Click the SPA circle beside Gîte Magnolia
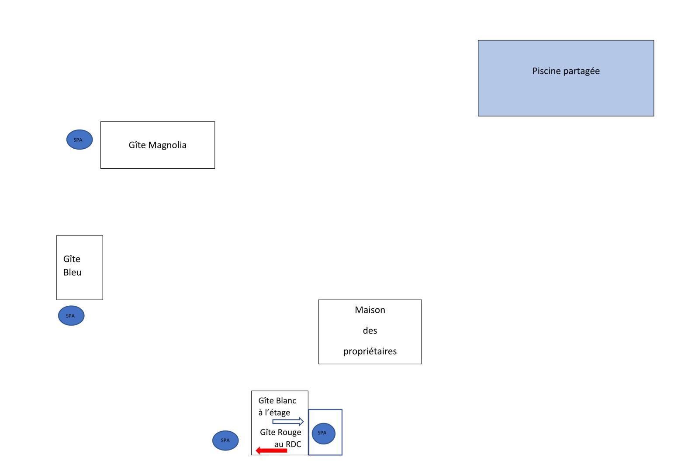click(x=80, y=140)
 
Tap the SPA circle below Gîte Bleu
click(x=71, y=316)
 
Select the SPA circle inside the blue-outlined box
click(x=324, y=433)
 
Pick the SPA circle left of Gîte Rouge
click(x=225, y=440)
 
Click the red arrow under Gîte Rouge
click(x=271, y=451)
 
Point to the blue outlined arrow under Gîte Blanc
click(x=288, y=421)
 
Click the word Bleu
click(x=73, y=272)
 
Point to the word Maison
click(x=370, y=310)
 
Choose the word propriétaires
click(x=370, y=352)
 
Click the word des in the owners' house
click(x=370, y=331)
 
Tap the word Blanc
click(x=286, y=401)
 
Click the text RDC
click(x=294, y=444)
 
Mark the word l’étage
click(x=277, y=413)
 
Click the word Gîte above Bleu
click(x=72, y=259)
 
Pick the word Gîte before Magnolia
click(x=137, y=145)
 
